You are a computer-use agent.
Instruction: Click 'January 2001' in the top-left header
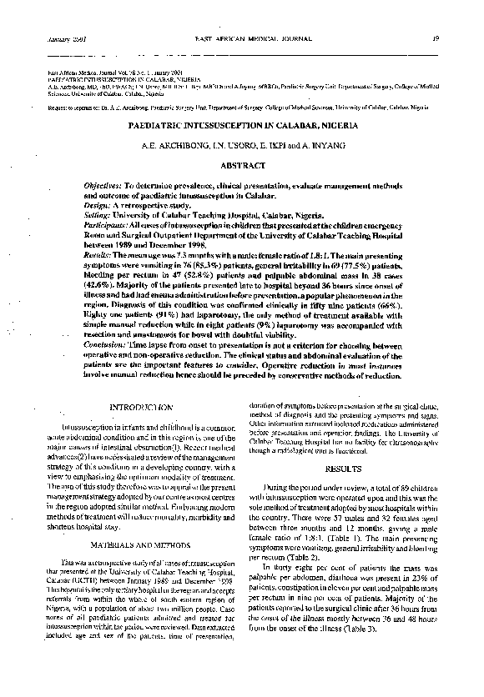point(55,39)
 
